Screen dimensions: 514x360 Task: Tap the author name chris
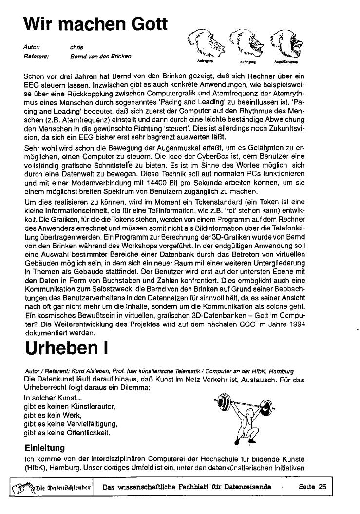point(76,47)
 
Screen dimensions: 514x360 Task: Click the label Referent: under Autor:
point(36,56)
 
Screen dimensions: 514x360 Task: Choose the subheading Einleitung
point(45,447)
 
